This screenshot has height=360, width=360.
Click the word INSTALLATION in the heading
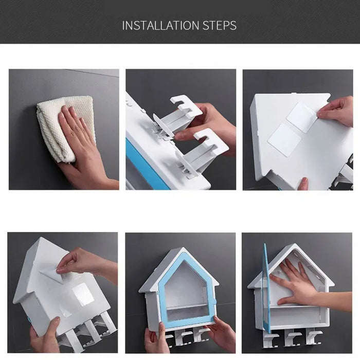tap(160, 25)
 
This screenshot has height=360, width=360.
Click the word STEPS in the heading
tap(219, 25)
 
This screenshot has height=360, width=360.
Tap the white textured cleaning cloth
tap(66, 129)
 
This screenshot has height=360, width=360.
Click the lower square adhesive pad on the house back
tap(285, 140)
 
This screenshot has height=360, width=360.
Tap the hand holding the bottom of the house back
tap(303, 184)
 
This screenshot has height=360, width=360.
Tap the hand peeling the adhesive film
tap(87, 264)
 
